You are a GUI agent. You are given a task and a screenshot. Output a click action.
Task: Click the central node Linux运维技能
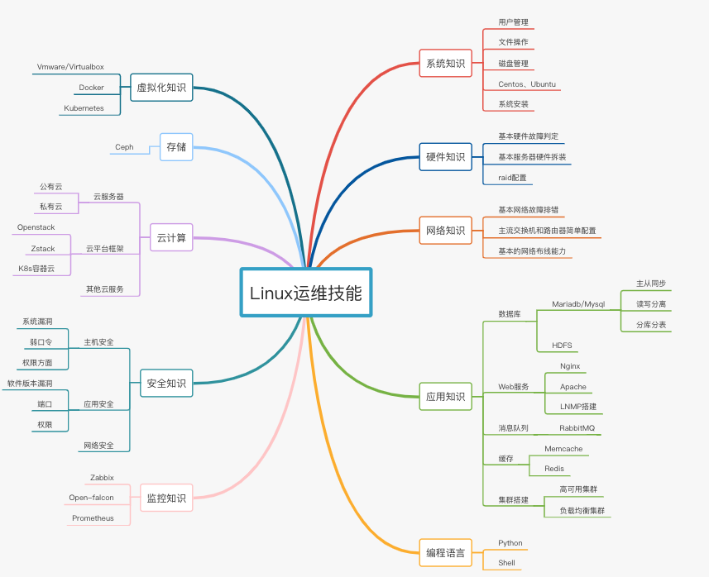coord(306,293)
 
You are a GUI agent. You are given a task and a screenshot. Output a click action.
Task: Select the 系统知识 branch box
coord(445,63)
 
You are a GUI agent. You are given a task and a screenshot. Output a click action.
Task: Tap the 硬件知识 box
coord(445,156)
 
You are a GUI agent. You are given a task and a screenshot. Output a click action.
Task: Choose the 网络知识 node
coord(445,230)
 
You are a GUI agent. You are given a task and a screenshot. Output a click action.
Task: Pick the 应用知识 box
coord(445,397)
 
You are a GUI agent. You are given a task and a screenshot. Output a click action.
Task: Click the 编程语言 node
coord(445,552)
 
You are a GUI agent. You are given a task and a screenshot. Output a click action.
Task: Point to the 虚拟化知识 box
coord(161,87)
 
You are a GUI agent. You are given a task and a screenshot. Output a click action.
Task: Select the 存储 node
coord(175,146)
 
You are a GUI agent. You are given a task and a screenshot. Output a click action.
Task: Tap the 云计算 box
coord(171,239)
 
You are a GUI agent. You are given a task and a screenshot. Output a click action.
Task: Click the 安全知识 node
coord(166,383)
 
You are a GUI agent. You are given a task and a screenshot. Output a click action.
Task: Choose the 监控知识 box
coord(166,498)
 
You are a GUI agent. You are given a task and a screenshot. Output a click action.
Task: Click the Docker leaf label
coord(91,88)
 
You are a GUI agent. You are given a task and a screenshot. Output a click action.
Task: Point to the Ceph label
coord(124,147)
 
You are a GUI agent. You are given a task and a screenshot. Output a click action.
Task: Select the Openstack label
coord(36,227)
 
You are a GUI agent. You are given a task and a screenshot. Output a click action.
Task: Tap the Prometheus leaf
coord(93,518)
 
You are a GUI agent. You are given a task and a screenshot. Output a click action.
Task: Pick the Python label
coord(510,543)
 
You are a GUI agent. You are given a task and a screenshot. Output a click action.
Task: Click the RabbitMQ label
coord(577,428)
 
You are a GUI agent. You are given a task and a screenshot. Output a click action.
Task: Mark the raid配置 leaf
coord(511,177)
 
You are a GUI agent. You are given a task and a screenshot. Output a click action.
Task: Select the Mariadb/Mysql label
coord(578,304)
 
